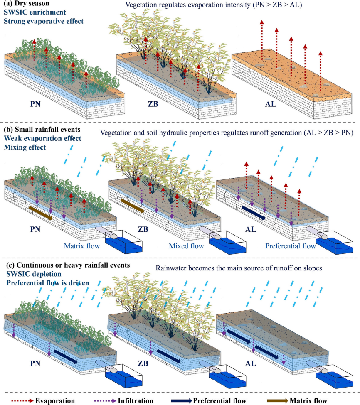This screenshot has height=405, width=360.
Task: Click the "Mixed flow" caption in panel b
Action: pyautogui.click(x=186, y=246)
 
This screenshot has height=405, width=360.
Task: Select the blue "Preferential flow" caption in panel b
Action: pyautogui.click(x=291, y=246)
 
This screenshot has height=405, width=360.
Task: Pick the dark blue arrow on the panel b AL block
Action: pyautogui.click(x=253, y=212)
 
